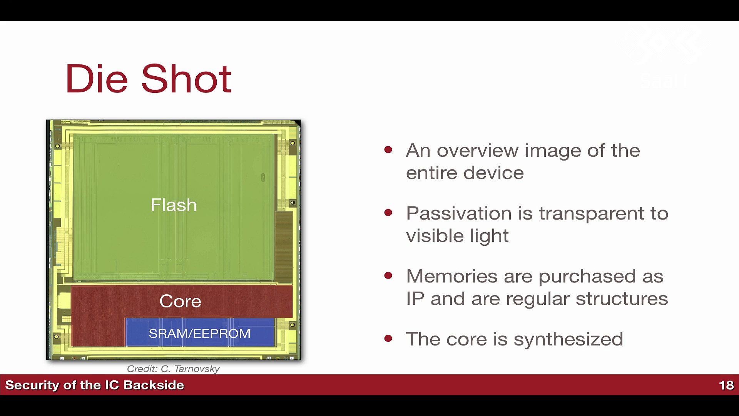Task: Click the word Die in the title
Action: pos(97,79)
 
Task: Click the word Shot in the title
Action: pos(186,79)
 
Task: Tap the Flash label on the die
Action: pos(174,205)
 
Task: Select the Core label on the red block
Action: pos(180,301)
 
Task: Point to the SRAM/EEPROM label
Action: pos(199,334)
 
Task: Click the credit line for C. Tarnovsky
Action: pos(173,369)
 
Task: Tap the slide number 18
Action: pos(726,385)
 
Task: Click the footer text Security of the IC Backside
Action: pos(95,385)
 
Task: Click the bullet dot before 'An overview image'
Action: pos(388,149)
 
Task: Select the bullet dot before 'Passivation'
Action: pos(388,212)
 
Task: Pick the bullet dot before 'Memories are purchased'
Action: pos(388,275)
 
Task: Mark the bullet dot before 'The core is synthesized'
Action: pos(388,338)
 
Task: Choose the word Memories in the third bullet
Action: pos(452,276)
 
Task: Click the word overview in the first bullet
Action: pos(478,150)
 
